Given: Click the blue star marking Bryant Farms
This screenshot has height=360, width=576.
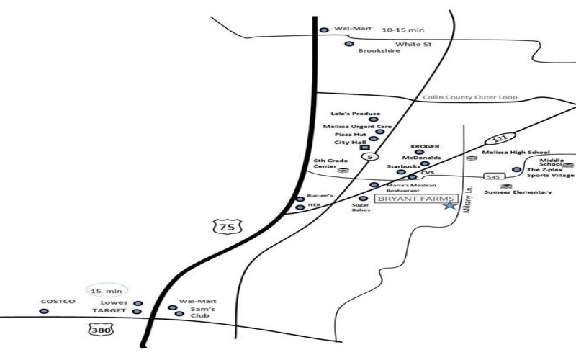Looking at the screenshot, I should point(450,205).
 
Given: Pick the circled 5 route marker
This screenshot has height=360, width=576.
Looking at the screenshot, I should point(370,157).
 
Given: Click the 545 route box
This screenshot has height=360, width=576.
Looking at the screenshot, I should point(493,176).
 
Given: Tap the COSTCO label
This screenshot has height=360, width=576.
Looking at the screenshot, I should point(58,302).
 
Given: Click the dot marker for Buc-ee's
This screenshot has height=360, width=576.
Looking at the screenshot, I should point(300,199).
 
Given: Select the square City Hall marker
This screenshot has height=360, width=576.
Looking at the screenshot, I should point(365,148).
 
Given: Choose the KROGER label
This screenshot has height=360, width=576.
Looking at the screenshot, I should point(425,147).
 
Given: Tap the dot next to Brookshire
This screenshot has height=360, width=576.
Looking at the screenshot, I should point(349,44).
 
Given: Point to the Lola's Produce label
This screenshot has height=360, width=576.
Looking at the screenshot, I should point(355,114).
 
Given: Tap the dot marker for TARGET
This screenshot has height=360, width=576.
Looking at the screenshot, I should point(138,312).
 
